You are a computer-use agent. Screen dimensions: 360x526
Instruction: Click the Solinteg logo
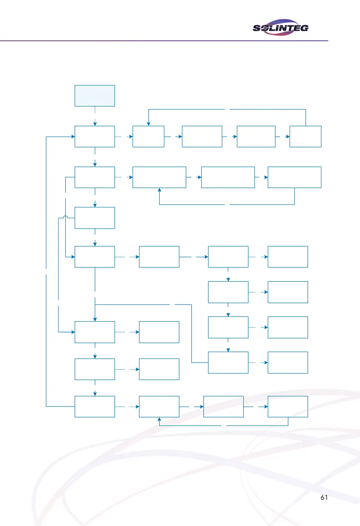(281, 28)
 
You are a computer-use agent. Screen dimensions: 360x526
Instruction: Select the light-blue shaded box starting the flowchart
(95, 95)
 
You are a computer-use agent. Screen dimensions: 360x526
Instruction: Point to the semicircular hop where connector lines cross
(65, 217)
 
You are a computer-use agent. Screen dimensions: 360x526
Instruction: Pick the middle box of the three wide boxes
(228, 177)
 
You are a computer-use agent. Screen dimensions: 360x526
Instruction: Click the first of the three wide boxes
(159, 177)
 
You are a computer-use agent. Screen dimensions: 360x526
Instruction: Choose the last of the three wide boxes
(294, 177)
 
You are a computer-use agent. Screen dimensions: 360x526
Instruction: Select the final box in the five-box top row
(305, 137)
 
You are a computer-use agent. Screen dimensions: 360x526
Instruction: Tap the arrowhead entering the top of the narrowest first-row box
(148, 124)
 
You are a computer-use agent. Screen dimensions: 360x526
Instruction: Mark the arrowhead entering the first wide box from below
(159, 190)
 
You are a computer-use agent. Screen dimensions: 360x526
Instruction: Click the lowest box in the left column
(95, 406)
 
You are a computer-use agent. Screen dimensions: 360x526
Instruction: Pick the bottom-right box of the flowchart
(287, 406)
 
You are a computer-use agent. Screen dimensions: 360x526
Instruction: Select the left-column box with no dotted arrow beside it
(95, 218)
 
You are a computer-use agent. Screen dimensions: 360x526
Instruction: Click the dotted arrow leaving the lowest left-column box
(127, 406)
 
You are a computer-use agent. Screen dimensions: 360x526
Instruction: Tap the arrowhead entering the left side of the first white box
(73, 137)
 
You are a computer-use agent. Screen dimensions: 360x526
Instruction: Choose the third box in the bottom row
(223, 406)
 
